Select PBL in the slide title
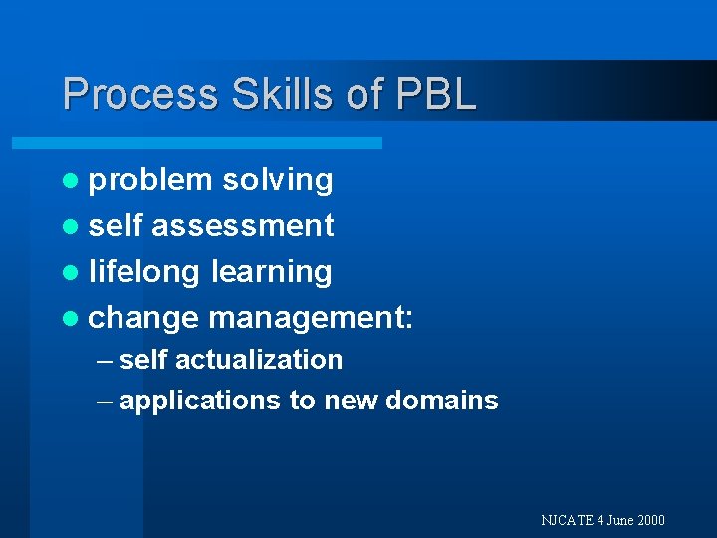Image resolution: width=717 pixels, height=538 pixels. (x=436, y=95)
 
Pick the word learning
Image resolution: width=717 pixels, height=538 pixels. (x=272, y=272)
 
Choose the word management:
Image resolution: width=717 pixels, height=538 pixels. (x=312, y=319)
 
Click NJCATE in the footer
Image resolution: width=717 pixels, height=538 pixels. (x=568, y=520)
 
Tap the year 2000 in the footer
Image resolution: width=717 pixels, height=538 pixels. (x=649, y=520)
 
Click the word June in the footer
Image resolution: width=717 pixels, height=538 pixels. (x=619, y=520)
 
